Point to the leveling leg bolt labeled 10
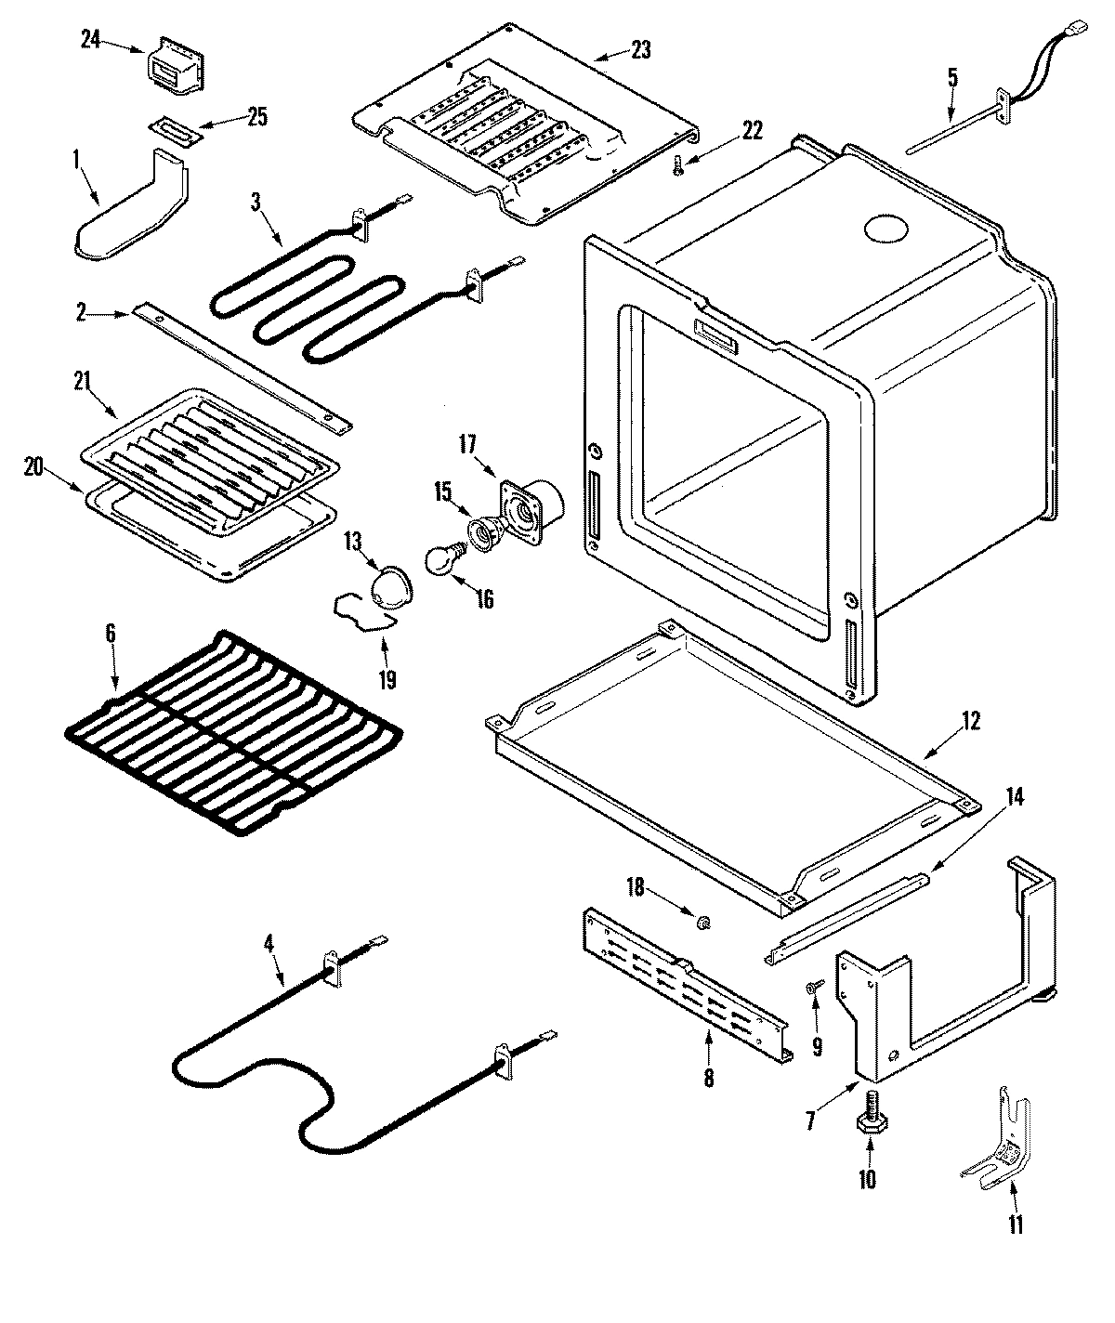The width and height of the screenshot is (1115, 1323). pyautogui.click(x=871, y=1110)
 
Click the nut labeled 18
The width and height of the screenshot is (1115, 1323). pyautogui.click(x=703, y=921)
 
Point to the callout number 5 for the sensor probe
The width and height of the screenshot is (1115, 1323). pyautogui.click(x=952, y=77)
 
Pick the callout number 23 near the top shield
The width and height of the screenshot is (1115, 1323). pyautogui.click(x=640, y=50)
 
